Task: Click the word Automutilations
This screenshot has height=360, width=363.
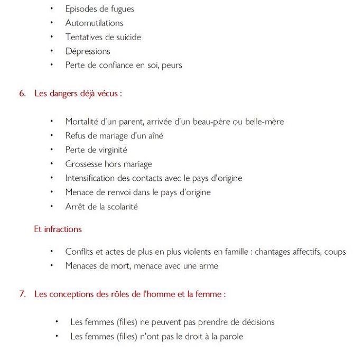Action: (x=94, y=23)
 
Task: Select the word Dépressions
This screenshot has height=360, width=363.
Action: (x=88, y=51)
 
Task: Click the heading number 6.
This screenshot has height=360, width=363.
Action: (x=22, y=94)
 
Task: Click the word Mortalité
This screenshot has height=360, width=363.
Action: (x=83, y=122)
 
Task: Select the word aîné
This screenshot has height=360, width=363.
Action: (x=154, y=136)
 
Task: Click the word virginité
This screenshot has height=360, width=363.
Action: (x=109, y=150)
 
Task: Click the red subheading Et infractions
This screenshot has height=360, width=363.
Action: (x=58, y=229)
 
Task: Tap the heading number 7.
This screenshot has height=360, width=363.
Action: (x=22, y=294)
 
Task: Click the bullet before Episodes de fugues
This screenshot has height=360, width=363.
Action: (x=52, y=9)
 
